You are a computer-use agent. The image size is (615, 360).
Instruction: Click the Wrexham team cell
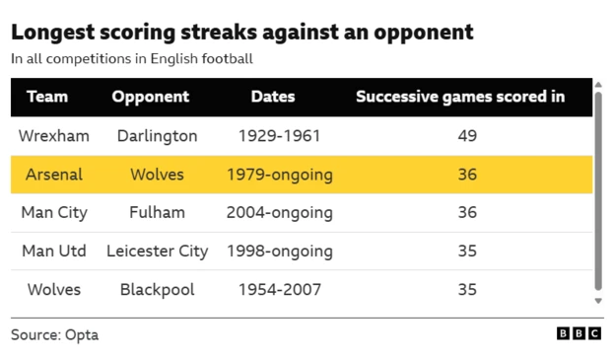point(54,136)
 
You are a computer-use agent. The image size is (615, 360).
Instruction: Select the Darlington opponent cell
point(157,136)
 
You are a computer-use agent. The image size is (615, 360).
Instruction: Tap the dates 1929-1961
point(279,136)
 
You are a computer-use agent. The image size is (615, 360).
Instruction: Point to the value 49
point(467,136)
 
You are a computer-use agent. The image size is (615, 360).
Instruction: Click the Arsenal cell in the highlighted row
point(54,175)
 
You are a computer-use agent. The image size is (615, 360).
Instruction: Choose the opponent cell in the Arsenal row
point(157,175)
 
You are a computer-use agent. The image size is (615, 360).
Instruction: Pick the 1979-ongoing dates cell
point(279,175)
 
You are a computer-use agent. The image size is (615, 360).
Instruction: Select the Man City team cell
point(54,213)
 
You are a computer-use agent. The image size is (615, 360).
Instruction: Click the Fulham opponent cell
point(157,213)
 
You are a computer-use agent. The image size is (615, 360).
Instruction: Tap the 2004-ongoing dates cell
point(279,213)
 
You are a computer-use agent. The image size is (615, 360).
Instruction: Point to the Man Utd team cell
point(54,252)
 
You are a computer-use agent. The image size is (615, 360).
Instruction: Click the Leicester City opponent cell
point(157,252)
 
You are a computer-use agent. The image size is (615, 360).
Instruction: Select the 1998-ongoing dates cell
point(279,252)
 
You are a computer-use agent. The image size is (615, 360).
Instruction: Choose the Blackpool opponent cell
point(157,290)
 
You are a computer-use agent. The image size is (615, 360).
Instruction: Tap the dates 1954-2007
point(279,290)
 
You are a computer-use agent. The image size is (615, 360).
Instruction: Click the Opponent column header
point(151,97)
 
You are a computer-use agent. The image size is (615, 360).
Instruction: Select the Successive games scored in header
point(460,97)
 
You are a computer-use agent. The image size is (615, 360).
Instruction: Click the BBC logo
point(579,334)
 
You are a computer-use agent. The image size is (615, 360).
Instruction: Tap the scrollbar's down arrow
point(598,300)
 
